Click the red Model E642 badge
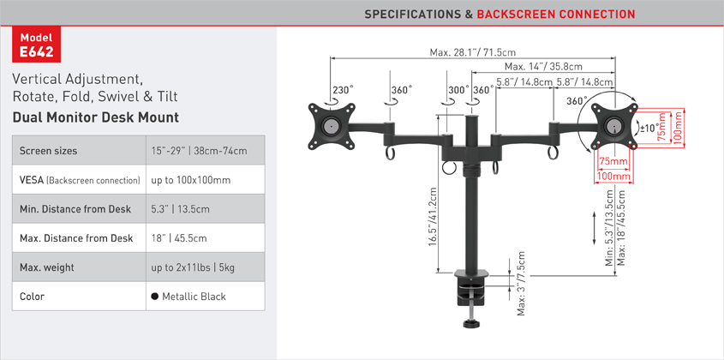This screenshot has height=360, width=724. [x=36, y=44]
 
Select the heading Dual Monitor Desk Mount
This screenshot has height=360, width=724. [x=96, y=117]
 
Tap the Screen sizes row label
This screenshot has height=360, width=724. [x=49, y=151]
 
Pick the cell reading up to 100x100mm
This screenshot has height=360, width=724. [x=191, y=180]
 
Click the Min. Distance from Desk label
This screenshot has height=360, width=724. [x=75, y=209]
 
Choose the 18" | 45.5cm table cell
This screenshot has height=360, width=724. [x=179, y=238]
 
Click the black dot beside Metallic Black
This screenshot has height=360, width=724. [x=155, y=297]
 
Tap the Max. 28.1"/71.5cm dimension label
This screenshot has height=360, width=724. [x=473, y=52]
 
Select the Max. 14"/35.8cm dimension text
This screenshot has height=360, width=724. [x=543, y=67]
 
